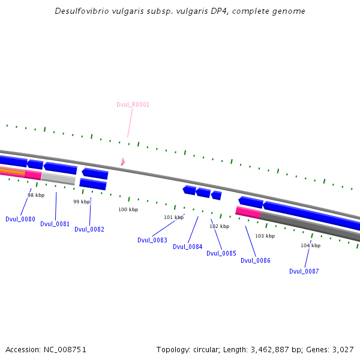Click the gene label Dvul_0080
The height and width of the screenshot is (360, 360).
[20, 220]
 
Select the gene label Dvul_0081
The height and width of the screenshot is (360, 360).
[55, 224]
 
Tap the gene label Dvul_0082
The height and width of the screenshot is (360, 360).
[89, 230]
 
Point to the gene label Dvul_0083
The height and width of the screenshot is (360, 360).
[152, 241]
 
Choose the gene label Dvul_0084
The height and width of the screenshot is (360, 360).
[188, 247]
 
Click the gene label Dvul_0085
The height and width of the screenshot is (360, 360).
[221, 254]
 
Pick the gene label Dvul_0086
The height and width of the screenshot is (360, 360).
[256, 261]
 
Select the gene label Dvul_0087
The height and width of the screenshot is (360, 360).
[304, 272]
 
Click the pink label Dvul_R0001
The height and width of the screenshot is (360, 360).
[133, 105]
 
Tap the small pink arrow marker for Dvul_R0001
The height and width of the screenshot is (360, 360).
[122, 161]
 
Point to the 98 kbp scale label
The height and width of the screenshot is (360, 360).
[36, 195]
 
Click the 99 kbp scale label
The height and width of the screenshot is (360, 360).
[82, 202]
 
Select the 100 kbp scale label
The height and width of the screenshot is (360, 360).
[128, 210]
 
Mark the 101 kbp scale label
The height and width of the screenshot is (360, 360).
[174, 218]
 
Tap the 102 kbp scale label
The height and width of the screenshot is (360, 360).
[220, 227]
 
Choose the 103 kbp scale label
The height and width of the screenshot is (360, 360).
[265, 236]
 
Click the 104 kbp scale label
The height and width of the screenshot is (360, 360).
[311, 246]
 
